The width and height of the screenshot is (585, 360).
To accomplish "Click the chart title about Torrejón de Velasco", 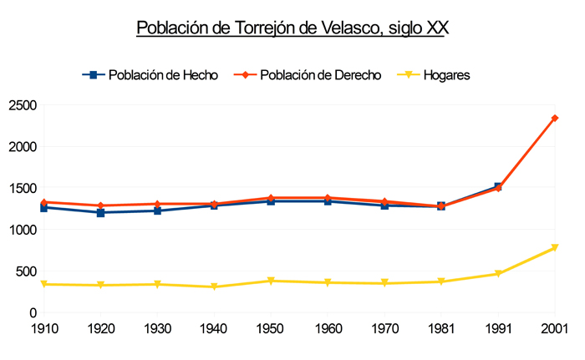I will click(292, 28).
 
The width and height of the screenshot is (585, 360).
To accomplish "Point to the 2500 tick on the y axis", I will click(23, 105).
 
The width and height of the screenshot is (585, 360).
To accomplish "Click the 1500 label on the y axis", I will click(23, 188).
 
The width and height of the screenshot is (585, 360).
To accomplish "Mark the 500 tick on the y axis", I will click(27, 271).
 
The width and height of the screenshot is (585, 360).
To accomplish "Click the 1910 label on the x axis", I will click(43, 327).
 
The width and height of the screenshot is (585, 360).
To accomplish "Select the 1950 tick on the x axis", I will click(271, 327).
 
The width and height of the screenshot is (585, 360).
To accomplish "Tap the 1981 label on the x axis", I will click(441, 327).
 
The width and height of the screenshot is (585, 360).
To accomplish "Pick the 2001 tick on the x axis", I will click(554, 327).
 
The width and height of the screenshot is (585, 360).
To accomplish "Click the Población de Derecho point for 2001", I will click(555, 119).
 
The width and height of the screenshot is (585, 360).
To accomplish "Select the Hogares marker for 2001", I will click(555, 248).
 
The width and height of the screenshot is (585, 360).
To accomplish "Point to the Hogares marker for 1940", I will click(214, 287).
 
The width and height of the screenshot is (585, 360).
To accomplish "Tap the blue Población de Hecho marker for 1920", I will click(100, 212).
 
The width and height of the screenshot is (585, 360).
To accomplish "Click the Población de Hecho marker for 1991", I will click(498, 186).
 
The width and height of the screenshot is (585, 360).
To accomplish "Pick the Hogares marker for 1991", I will click(498, 274).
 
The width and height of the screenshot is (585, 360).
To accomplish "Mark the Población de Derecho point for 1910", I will click(43, 202).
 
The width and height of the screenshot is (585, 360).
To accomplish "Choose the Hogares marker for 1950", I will click(271, 281).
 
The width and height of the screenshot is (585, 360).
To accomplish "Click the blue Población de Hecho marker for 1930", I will click(157, 210).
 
